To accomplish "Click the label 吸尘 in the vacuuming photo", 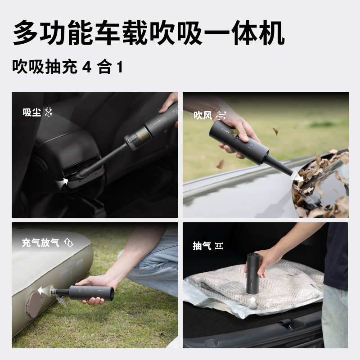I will point(31,112).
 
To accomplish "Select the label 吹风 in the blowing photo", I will point(202,116).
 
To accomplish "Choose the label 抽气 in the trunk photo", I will point(201,246).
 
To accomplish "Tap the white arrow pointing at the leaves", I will point(298,177).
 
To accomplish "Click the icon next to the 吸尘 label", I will point(49,112).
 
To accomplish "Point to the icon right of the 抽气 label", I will point(219,246).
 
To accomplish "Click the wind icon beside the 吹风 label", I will point(220,116).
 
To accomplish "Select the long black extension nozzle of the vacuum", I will point(103,157).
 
